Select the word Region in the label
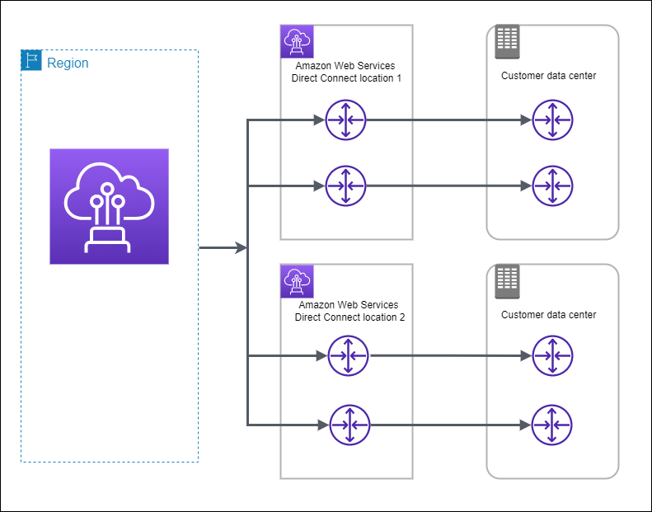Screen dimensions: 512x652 (68, 63)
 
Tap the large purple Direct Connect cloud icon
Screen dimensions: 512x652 (109, 206)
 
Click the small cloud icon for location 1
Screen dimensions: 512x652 (295, 39)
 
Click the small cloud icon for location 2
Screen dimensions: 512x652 (295, 279)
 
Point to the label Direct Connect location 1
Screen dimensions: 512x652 (346, 73)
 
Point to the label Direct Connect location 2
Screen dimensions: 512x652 (349, 311)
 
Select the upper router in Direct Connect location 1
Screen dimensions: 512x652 (345, 120)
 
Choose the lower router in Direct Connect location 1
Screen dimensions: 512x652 (345, 186)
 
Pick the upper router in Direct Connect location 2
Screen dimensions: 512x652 (348, 356)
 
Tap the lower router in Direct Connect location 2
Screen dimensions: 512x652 (349, 425)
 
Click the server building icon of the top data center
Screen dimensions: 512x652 (506, 42)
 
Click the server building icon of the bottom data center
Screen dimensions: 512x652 (506, 282)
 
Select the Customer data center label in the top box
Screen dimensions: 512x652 (548, 76)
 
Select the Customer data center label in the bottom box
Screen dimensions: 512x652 (548, 315)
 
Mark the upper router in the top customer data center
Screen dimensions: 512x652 (551, 120)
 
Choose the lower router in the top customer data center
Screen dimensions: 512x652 (551, 186)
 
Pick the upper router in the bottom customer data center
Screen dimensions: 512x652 (551, 356)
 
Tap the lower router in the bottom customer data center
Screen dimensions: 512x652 (551, 425)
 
